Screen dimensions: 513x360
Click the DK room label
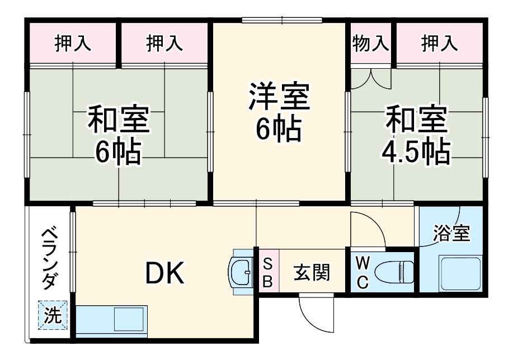[165, 273]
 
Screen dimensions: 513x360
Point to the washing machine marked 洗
[53, 315]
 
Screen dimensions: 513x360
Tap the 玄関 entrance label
[312, 272]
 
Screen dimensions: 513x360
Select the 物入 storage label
[371, 43]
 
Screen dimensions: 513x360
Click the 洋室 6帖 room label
[279, 112]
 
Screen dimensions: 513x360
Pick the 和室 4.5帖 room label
[416, 134]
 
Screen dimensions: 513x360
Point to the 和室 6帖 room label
[119, 134]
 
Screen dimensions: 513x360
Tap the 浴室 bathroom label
[451, 233]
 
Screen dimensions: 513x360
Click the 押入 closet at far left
[73, 43]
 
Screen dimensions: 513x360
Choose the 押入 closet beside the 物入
[440, 43]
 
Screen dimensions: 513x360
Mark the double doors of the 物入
[371, 78]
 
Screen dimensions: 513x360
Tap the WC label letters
[362, 272]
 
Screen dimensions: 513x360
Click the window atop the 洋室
[282, 20]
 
